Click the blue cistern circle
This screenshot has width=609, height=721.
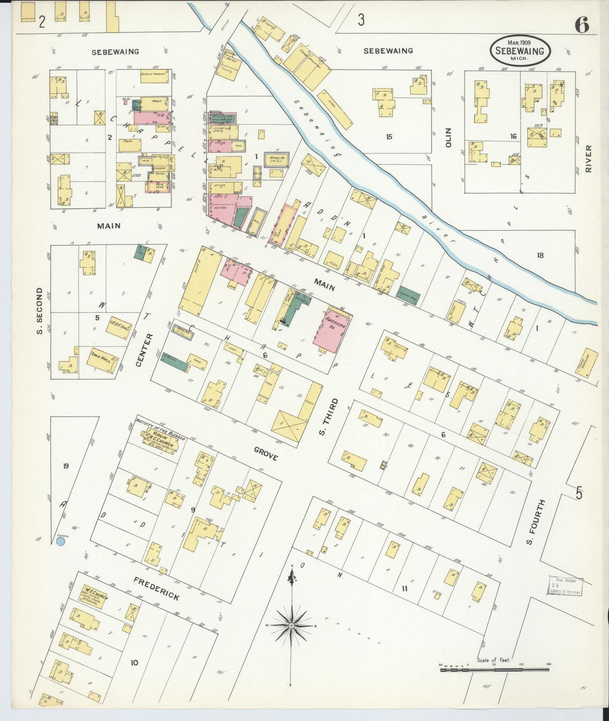61,541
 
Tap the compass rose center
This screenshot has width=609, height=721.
291,626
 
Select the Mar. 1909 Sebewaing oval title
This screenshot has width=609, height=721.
520,50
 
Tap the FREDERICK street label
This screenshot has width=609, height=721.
156,589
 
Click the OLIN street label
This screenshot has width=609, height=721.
448,137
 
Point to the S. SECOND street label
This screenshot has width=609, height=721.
40,311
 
